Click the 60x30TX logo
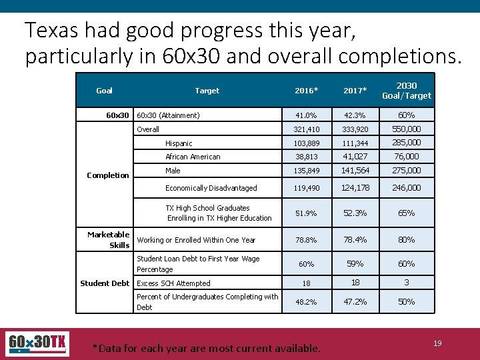pyautogui.click(x=37, y=344)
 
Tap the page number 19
pyautogui.click(x=437, y=343)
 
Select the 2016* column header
pyautogui.click(x=306, y=91)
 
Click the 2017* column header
pyautogui.click(x=355, y=91)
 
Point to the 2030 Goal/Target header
pyautogui.click(x=406, y=91)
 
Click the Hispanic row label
pyautogui.click(x=179, y=143)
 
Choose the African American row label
pyautogui.click(x=193, y=157)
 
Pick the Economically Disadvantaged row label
pyautogui.click(x=211, y=188)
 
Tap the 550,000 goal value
pyautogui.click(x=406, y=129)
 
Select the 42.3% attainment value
pyautogui.click(x=355, y=115)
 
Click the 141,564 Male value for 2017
pyautogui.click(x=355, y=171)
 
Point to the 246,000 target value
pyautogui.click(x=406, y=188)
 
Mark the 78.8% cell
pyautogui.click(x=306, y=240)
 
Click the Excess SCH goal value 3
pyautogui.click(x=406, y=283)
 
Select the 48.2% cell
pyautogui.click(x=306, y=302)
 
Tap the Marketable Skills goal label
pyautogui.click(x=109, y=240)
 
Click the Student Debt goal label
pyautogui.click(x=105, y=283)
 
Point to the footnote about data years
pyautogui.click(x=206, y=348)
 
